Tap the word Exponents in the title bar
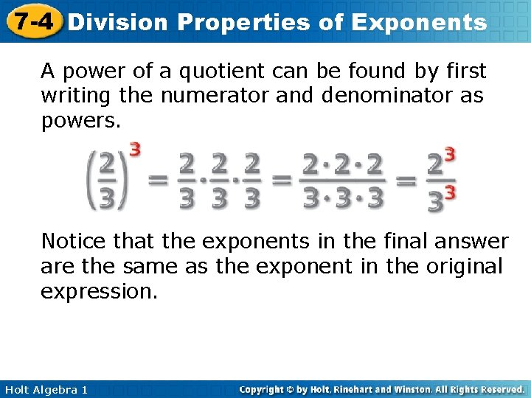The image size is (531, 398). pos(419,22)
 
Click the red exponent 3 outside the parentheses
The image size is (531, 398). pos(135,148)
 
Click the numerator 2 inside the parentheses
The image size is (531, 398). pos(108,163)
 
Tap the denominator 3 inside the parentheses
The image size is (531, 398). pos(108,198)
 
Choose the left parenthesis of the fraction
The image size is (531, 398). pos(92,180)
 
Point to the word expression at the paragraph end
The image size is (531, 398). pos(99,291)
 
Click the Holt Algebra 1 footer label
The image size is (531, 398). pos(45,389)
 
